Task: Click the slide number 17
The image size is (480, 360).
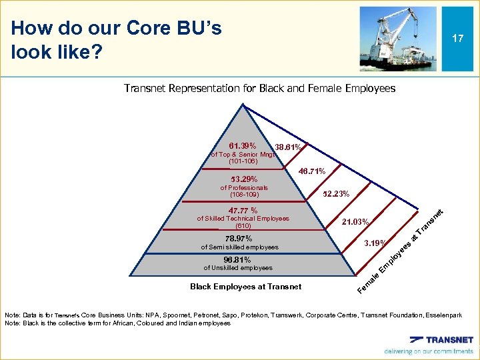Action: pos(457,39)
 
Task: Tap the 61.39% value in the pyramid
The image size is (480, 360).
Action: pos(242,145)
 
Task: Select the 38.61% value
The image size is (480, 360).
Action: pos(289,147)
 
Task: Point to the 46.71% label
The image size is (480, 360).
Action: pos(311,171)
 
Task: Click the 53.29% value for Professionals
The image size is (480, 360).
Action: pos(243,179)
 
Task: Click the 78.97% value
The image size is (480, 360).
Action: pos(239,238)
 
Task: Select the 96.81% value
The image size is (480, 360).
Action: pos(237,259)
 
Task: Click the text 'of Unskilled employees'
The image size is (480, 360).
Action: pos(237,268)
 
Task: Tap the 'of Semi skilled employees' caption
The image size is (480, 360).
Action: pos(239,247)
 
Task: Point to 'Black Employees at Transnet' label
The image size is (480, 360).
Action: pos(245,287)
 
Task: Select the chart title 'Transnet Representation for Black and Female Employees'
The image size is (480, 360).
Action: pos(259,88)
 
